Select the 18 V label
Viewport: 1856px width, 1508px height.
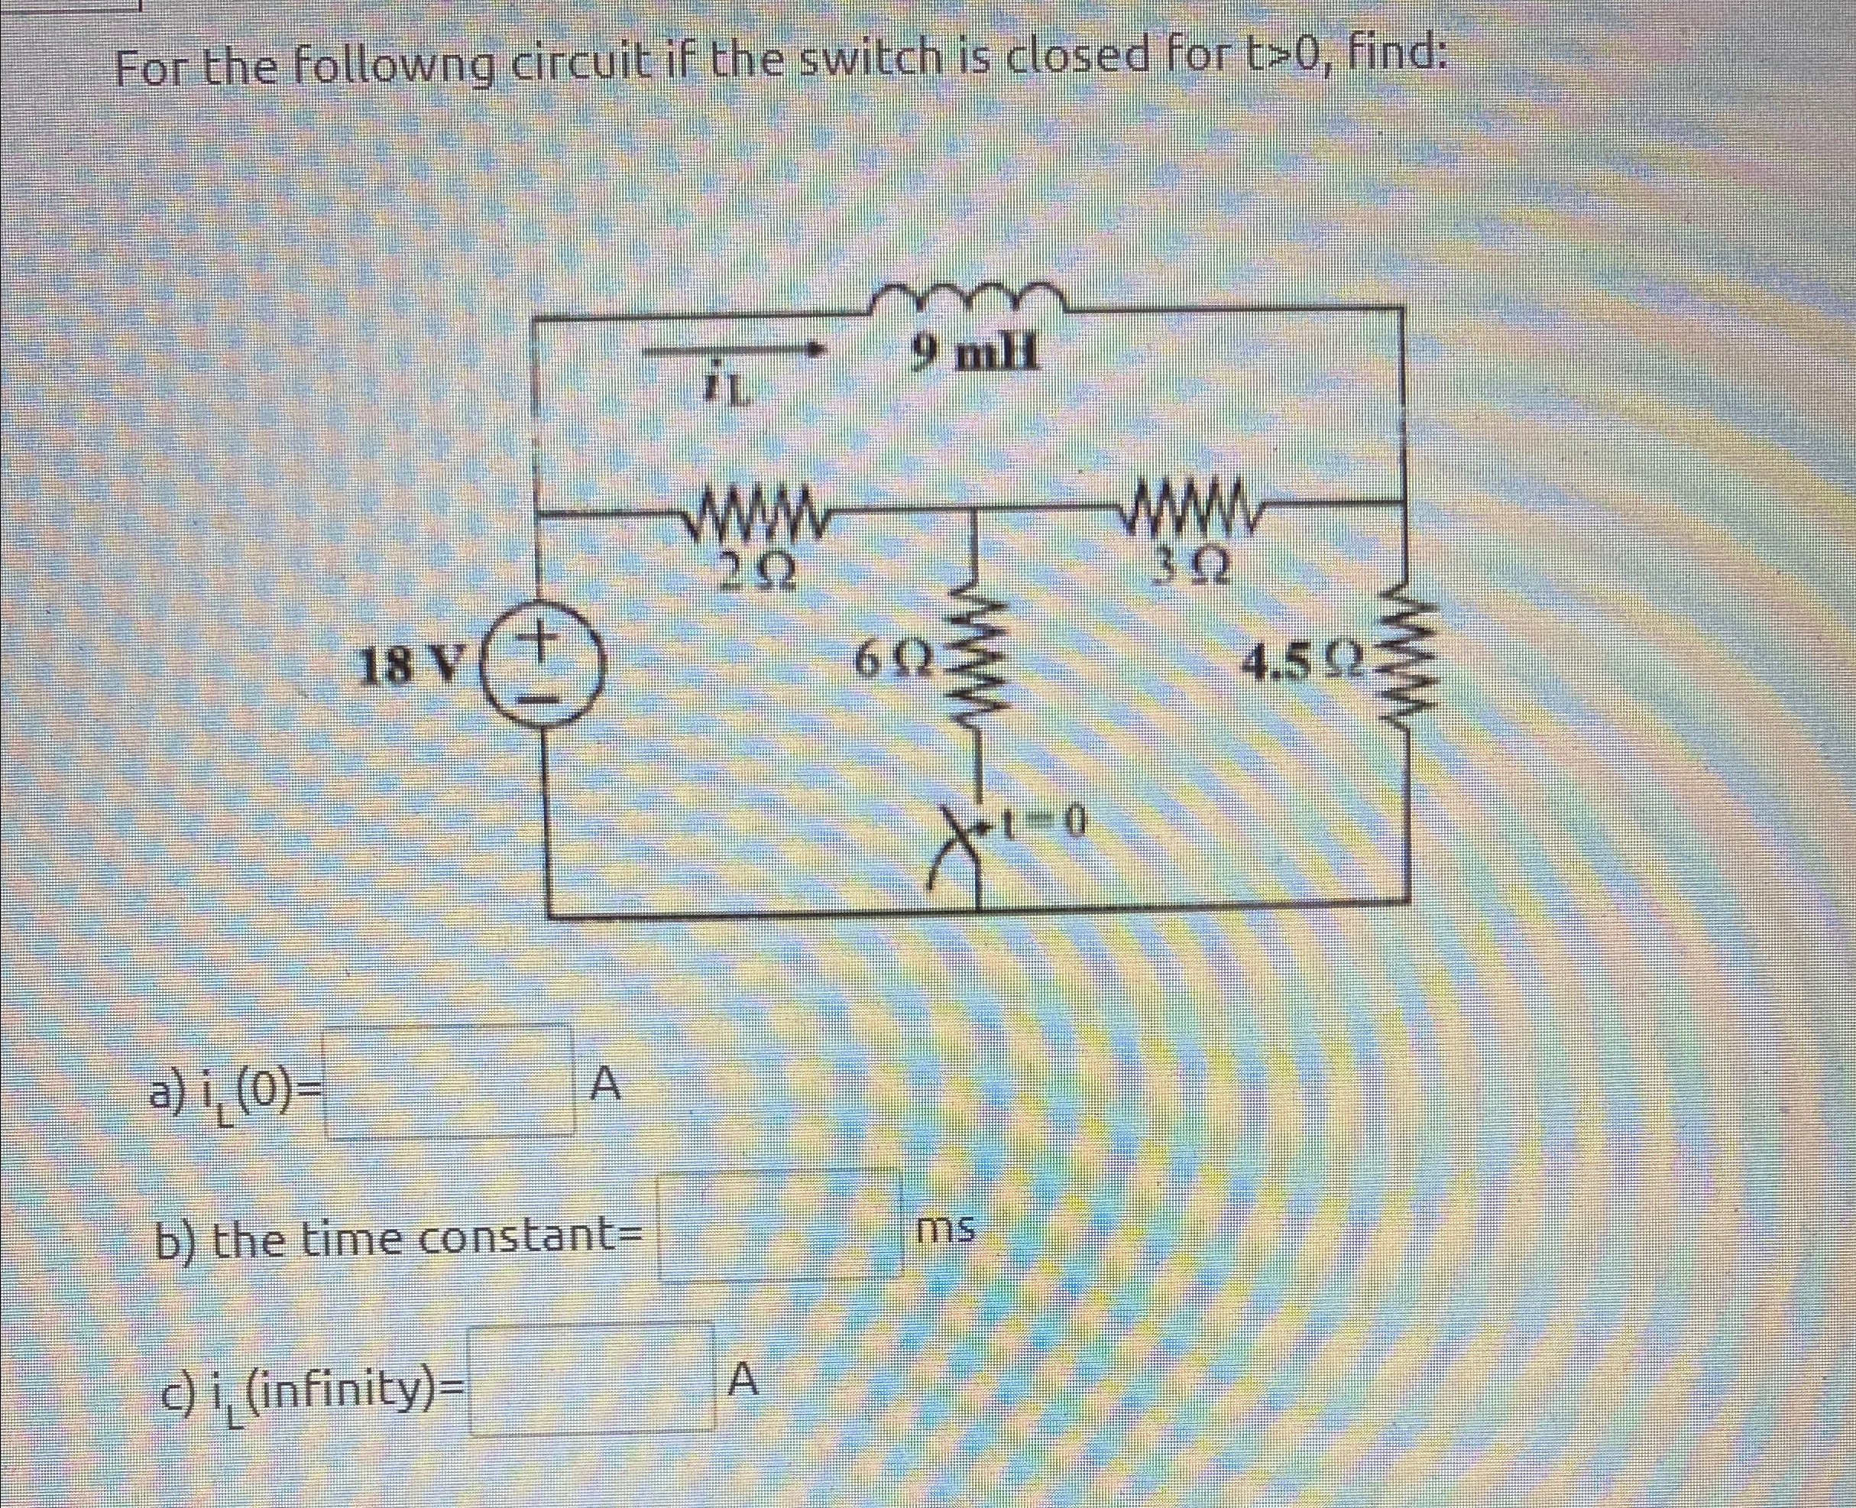[x=413, y=666]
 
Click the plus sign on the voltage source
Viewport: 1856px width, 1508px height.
[x=545, y=639]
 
